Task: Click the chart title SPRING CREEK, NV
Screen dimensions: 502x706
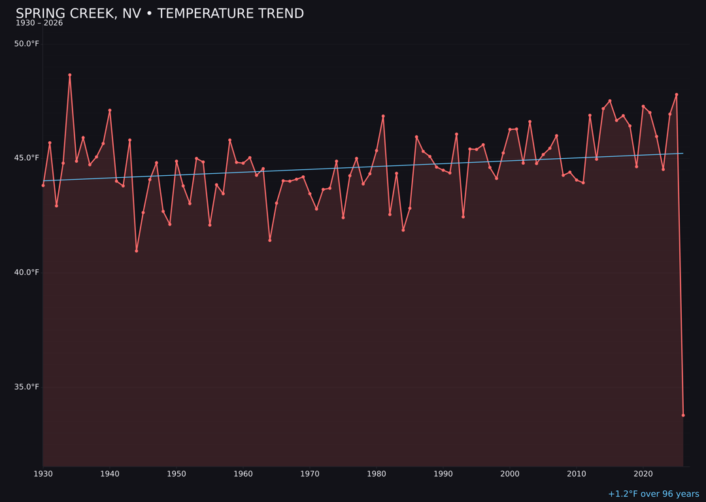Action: tap(160, 14)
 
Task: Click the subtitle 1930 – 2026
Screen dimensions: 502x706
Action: tap(39, 24)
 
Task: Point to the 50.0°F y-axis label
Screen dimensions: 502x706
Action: tap(27, 44)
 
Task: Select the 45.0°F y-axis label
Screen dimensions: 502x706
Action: tap(27, 158)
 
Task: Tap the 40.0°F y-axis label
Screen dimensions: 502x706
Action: tap(27, 273)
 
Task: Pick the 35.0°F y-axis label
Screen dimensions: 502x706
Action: tap(27, 387)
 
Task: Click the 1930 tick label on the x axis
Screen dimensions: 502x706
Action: tap(43, 474)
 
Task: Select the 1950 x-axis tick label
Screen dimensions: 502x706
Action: tap(176, 474)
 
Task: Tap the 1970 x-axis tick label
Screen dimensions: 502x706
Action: tap(310, 474)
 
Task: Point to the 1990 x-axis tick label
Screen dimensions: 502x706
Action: tap(443, 474)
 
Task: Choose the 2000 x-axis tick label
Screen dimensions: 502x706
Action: tap(510, 474)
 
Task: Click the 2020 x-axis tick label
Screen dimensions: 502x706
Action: tap(643, 474)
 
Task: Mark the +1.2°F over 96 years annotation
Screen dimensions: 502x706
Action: tap(653, 494)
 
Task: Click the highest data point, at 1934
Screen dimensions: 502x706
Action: tap(70, 75)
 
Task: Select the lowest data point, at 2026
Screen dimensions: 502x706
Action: tap(683, 415)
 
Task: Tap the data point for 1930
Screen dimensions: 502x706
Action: tap(43, 186)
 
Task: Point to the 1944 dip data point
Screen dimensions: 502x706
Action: tap(137, 251)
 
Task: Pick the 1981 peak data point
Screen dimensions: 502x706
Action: tap(383, 116)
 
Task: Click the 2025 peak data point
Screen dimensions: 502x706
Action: tap(677, 95)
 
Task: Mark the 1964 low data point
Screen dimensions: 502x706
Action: tap(270, 241)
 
